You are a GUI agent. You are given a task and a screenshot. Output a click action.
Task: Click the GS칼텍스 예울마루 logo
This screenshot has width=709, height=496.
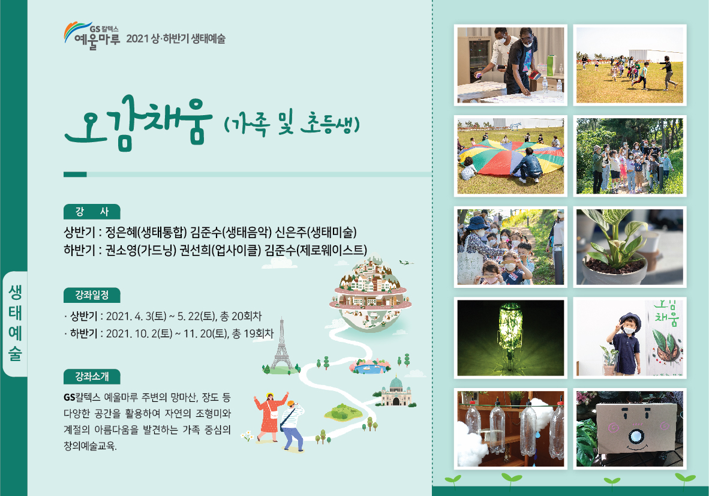coord(92,35)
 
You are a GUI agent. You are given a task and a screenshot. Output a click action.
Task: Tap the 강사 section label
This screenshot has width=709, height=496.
coord(92,212)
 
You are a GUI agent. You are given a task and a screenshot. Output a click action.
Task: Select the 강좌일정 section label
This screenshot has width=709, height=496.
coord(92,295)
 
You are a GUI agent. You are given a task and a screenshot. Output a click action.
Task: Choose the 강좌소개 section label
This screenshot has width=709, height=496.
coord(92,376)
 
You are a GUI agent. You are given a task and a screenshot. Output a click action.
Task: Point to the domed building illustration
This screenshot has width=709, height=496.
coord(396,392)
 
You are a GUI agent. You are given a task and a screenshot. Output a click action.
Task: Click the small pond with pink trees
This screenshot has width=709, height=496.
coord(369,366)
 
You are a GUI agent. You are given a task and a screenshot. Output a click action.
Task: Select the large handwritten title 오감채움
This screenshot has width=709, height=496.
coord(139,123)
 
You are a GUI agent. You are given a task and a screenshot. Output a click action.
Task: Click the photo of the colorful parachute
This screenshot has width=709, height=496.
coord(510,156)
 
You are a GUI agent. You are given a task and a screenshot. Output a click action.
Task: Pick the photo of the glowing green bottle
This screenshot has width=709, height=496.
coord(510,338)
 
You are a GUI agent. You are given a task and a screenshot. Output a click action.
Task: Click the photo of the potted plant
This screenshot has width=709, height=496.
coord(630,247)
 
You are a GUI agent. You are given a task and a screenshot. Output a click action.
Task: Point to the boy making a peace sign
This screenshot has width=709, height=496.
coord(625,343)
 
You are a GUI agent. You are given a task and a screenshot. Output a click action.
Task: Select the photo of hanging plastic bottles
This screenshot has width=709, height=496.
coord(510,429)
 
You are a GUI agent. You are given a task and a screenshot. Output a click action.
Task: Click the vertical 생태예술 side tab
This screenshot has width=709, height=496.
coord(15,324)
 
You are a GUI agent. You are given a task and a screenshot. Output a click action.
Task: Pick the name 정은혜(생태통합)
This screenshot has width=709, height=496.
coord(146,232)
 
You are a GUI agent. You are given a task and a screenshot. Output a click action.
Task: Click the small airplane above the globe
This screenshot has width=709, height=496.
coord(406,262)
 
